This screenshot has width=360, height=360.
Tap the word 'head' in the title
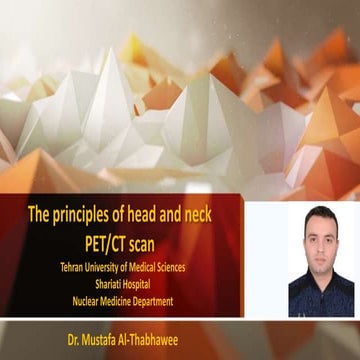tap(153, 213)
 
